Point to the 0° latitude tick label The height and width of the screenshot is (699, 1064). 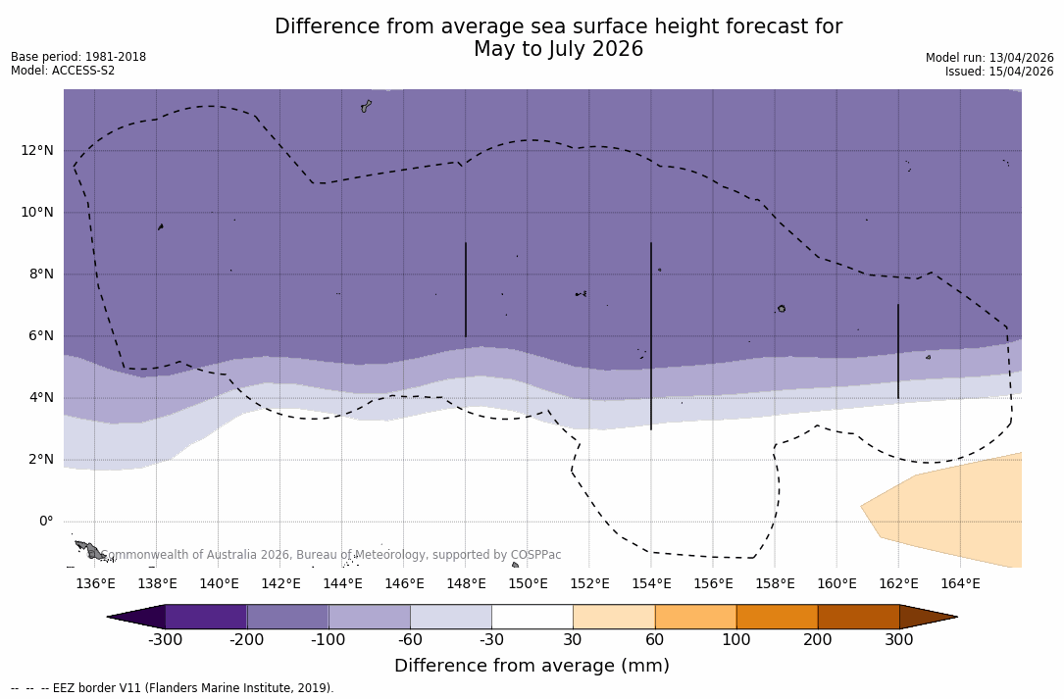click(45, 522)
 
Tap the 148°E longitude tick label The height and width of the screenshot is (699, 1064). click(466, 584)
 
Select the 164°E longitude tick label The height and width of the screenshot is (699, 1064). click(960, 584)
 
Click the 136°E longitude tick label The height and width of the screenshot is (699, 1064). click(95, 584)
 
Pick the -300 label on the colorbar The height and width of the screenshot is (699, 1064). click(166, 640)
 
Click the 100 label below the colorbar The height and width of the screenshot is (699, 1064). click(736, 640)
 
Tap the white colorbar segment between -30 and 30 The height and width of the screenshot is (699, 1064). click(532, 617)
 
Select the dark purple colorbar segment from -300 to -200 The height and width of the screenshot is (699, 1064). click(206, 617)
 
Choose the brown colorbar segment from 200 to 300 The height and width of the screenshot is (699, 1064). click(858, 617)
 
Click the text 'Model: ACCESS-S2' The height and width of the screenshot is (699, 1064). click(63, 71)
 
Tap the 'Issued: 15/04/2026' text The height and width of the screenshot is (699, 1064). click(999, 72)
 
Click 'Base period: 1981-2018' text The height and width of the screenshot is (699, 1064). click(78, 57)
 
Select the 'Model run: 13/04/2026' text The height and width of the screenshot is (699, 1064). click(989, 58)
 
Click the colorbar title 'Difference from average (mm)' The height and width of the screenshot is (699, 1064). click(532, 667)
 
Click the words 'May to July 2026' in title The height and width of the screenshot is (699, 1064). click(558, 49)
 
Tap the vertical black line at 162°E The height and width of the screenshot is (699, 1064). click(898, 351)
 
